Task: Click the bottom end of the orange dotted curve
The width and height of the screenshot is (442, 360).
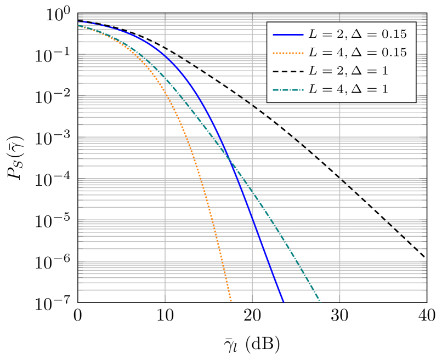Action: (231, 301)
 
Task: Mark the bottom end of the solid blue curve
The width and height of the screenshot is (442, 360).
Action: (284, 301)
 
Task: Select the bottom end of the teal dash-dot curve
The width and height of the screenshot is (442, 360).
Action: (320, 301)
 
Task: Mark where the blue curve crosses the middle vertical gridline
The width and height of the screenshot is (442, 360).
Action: (252, 218)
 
